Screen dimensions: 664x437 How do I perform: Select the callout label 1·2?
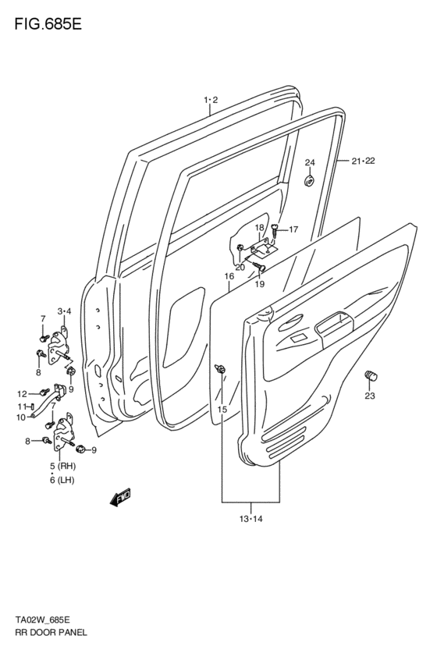click(x=210, y=100)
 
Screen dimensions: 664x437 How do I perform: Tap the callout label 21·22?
click(x=363, y=161)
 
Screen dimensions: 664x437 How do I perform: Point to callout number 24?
click(x=309, y=162)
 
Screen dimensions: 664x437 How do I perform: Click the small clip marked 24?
click(x=309, y=182)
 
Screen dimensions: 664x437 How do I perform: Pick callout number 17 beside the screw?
click(x=293, y=229)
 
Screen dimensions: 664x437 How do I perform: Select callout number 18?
click(x=260, y=227)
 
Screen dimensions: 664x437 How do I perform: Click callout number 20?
click(x=240, y=267)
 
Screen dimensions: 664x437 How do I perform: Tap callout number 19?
click(x=260, y=284)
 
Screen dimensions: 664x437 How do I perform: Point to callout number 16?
click(x=229, y=275)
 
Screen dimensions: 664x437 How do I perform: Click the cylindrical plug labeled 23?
click(x=371, y=376)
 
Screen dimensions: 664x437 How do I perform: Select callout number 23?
click(x=369, y=396)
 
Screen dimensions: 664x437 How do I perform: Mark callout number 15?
click(x=222, y=410)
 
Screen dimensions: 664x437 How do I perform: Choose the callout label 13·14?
click(x=250, y=519)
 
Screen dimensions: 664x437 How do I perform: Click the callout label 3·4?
click(x=64, y=311)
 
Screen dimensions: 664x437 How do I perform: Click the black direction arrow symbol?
click(x=119, y=496)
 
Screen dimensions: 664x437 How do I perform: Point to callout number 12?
click(x=22, y=393)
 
